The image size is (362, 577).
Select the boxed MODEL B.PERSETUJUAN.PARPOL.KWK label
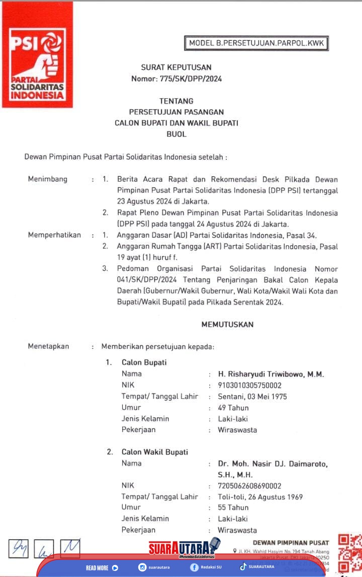[x=257, y=44]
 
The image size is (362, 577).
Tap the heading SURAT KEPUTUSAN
[x=176, y=67]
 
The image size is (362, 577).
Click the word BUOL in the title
[x=176, y=134]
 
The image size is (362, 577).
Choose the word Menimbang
[x=47, y=179]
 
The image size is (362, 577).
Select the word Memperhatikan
[x=54, y=235]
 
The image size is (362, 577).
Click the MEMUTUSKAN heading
[x=227, y=325]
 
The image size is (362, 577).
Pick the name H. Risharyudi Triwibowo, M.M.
[x=270, y=374]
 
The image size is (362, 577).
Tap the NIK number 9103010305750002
[x=249, y=385]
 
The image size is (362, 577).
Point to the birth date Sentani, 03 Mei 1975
[x=252, y=397]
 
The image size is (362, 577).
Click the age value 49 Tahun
[x=233, y=408]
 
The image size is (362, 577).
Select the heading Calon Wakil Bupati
[x=154, y=452]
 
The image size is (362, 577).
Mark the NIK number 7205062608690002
[x=249, y=486]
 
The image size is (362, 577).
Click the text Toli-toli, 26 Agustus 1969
[x=260, y=497]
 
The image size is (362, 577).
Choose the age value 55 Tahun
[x=233, y=508]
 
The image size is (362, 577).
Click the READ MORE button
[x=102, y=567]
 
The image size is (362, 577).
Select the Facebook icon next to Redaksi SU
[x=194, y=567]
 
